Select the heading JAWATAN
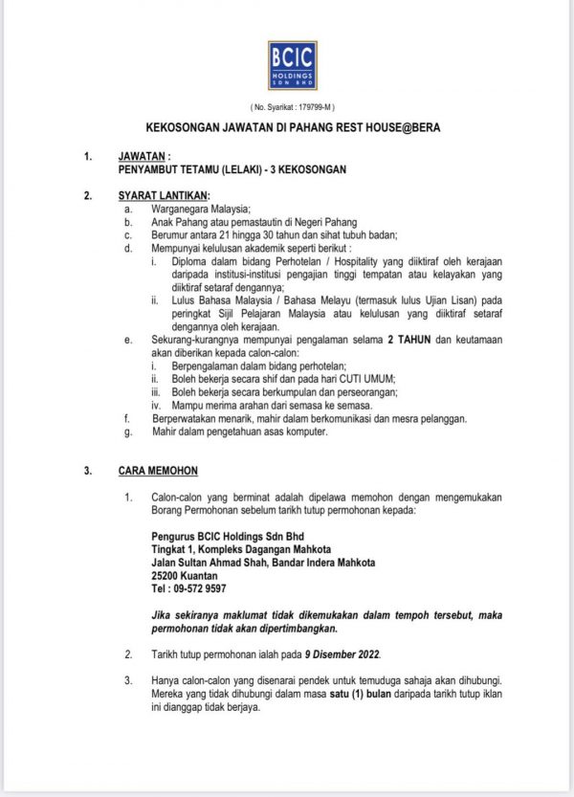coord(142,154)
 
